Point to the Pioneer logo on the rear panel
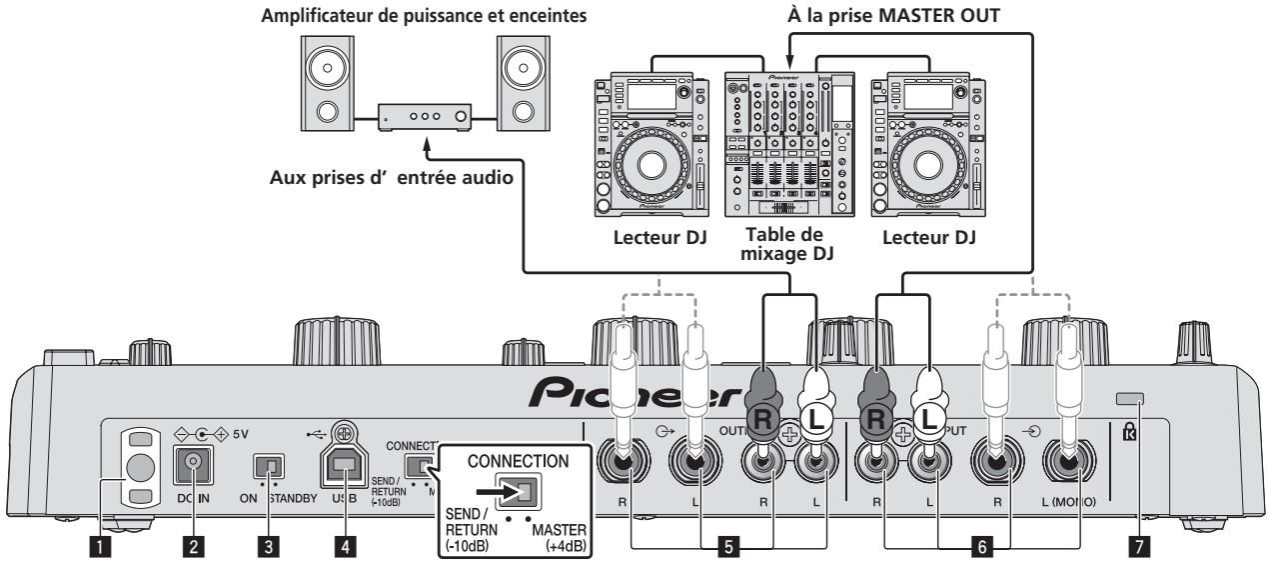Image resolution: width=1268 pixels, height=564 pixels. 639,390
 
